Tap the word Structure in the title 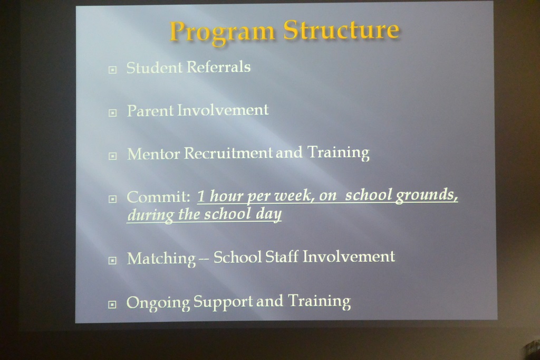click(341, 30)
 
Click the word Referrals click(219, 67)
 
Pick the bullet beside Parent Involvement click(112, 113)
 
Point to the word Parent click(150, 111)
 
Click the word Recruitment click(228, 153)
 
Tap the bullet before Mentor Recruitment click(112, 156)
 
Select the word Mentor click(153, 154)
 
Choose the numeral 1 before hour click(201, 196)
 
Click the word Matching click(161, 259)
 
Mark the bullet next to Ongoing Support click(112, 305)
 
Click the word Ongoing click(158, 303)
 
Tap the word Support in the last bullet click(223, 302)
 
